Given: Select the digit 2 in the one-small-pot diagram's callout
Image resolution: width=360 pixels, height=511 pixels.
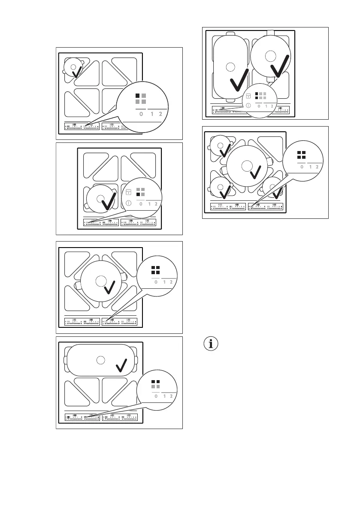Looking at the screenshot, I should tap(160, 115).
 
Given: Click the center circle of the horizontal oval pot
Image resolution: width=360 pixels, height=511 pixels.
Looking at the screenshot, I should tap(100, 360).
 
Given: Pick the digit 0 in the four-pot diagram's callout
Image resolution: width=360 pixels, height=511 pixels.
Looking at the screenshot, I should tap(302, 167).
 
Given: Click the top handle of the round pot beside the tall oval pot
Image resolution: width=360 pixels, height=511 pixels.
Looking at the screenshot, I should tap(270, 33).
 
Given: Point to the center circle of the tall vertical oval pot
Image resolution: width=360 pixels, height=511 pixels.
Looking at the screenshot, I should tap(230, 67).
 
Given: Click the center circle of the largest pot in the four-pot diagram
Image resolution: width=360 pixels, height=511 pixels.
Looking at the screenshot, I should tap(246, 166).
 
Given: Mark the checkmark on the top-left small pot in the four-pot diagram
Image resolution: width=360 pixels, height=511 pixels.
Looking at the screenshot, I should tap(223, 151).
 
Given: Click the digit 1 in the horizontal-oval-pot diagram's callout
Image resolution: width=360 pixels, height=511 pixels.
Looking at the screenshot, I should tap(164, 396).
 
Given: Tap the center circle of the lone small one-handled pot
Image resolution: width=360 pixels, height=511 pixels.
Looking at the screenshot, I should tap(73, 67).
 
